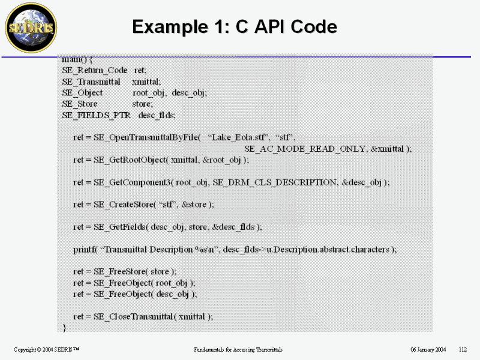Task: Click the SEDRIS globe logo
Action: [31, 28]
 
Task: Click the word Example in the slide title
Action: [170, 27]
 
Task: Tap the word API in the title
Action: [270, 26]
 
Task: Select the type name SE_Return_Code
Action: [95, 70]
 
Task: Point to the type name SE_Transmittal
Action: [91, 82]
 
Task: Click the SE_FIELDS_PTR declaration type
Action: [97, 115]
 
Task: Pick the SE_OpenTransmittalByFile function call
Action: [147, 137]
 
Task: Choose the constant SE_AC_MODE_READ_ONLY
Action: [305, 149]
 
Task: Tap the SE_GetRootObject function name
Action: [130, 160]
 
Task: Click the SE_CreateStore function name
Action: [124, 204]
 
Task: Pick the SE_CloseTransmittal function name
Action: [133, 317]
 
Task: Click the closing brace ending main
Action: [64, 328]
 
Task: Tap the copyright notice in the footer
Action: [46, 350]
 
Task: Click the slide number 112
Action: [463, 350]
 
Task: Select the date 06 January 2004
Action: [428, 350]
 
